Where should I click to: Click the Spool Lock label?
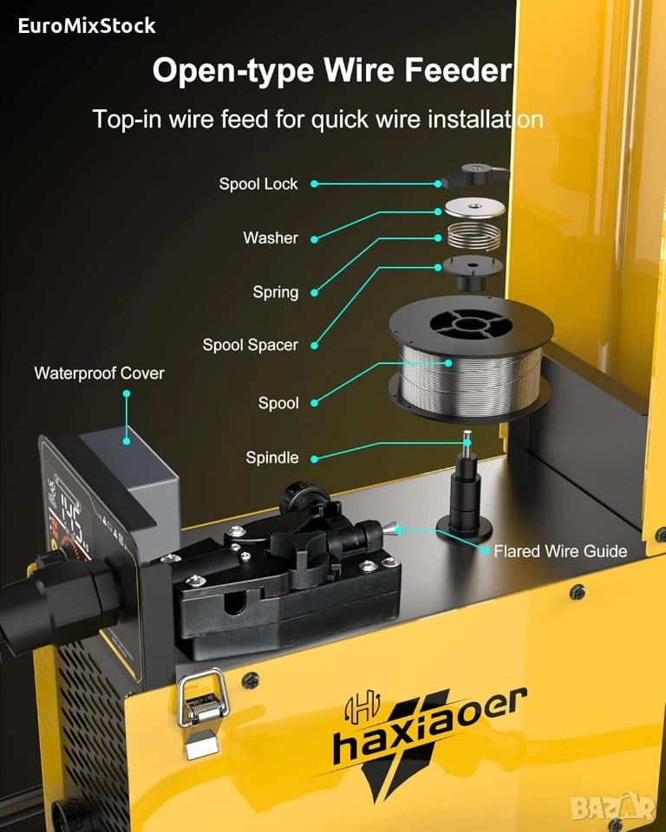(x=258, y=184)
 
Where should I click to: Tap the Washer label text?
(x=271, y=237)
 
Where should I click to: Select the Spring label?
(x=275, y=292)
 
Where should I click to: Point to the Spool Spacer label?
(x=250, y=346)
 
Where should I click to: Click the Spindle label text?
(x=272, y=458)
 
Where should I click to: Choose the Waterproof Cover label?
(x=100, y=373)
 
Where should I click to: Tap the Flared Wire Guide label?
(x=560, y=551)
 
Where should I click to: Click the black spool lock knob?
(x=475, y=174)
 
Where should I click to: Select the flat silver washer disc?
(x=475, y=206)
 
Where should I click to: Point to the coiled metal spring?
(x=473, y=236)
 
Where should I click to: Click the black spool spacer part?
(x=472, y=272)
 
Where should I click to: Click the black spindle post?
(x=466, y=489)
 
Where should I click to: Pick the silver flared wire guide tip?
(x=388, y=528)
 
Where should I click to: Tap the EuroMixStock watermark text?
(x=87, y=25)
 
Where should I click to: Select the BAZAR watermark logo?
(x=612, y=807)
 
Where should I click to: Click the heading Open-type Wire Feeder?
(x=332, y=70)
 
